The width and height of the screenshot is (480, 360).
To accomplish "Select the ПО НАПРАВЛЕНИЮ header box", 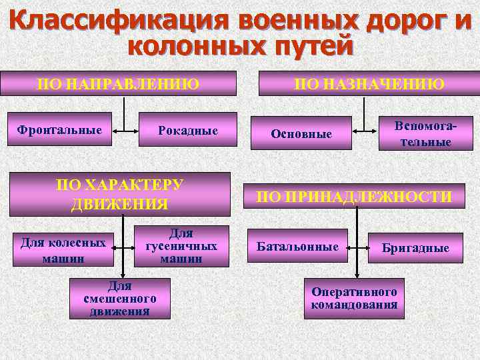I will point(119,83).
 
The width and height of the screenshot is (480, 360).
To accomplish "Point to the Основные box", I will point(301,133).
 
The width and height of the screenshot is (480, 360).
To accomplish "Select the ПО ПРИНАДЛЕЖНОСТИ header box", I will point(355,196).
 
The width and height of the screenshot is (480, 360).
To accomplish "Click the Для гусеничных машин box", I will point(181,246).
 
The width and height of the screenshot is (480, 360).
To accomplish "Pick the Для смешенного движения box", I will point(120,298).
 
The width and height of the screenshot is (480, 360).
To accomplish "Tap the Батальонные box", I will point(297,247).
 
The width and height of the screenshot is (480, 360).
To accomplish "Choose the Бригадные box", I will point(415,248).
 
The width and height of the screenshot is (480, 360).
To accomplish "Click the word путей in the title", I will point(306,47).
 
